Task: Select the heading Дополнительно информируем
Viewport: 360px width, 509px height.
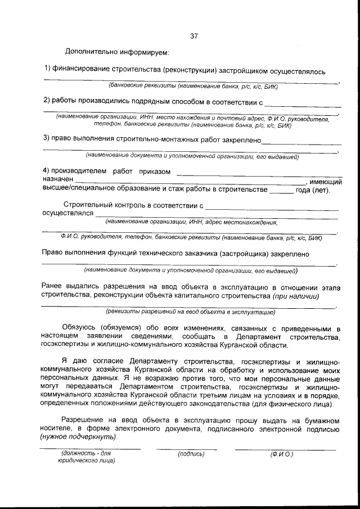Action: [117, 52]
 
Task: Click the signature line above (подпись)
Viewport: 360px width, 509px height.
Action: [186, 449]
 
